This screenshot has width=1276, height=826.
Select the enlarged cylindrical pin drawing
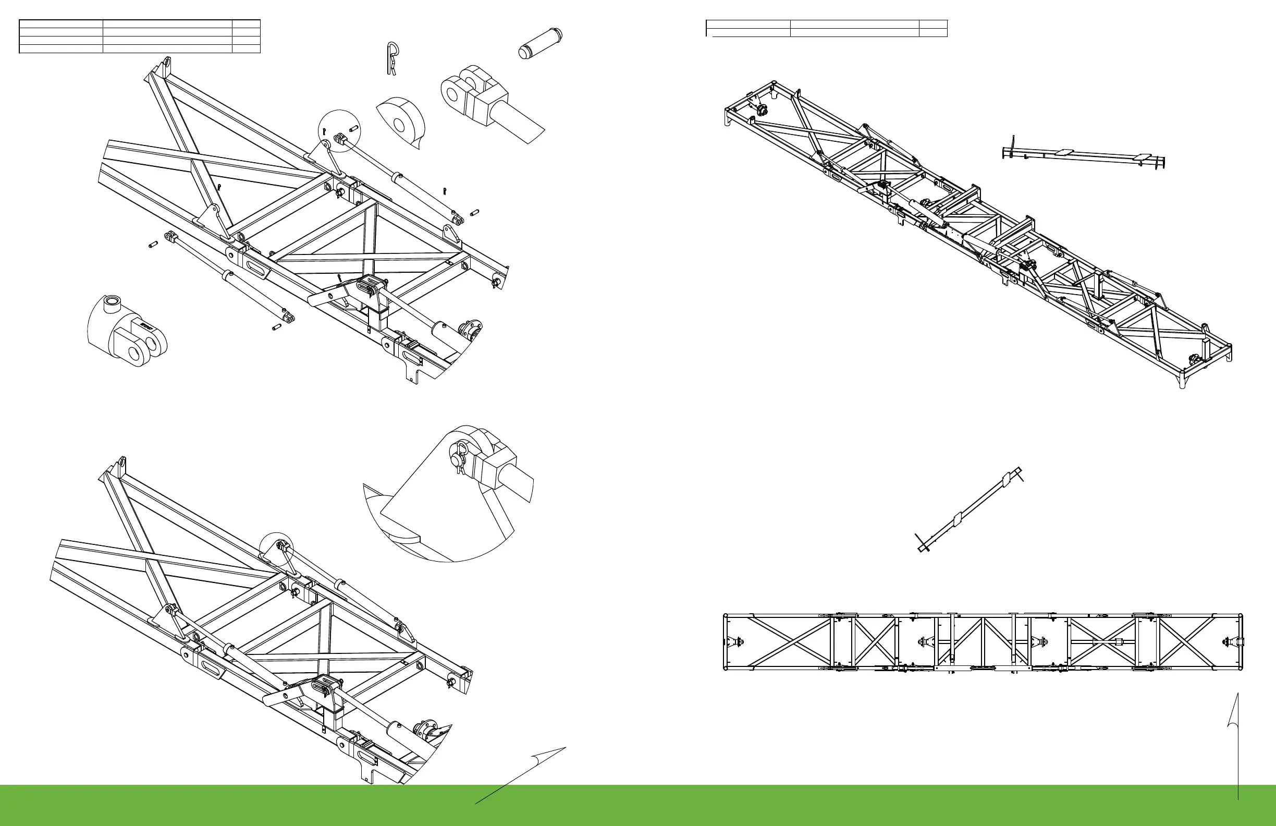pos(540,43)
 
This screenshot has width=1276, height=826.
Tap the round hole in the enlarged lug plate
pos(399,126)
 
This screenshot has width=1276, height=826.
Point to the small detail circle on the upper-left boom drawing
pos(339,130)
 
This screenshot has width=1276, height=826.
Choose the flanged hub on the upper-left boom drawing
pos(471,332)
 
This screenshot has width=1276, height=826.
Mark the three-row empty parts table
pos(139,37)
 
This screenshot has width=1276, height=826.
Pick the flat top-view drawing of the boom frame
pos(983,642)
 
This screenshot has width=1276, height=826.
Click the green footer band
pos(638,806)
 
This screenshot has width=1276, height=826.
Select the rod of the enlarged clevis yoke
pos(520,123)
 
